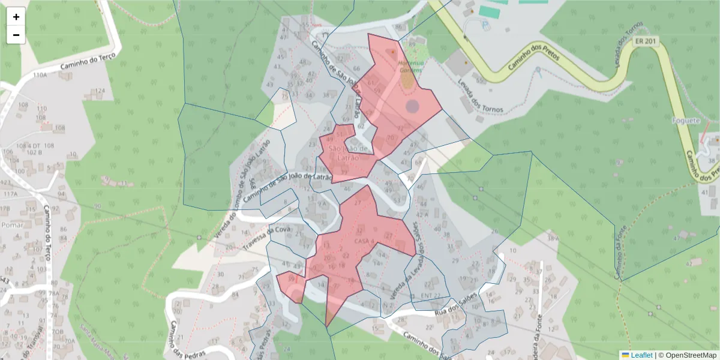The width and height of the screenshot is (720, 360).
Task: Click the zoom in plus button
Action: click(x=16, y=17)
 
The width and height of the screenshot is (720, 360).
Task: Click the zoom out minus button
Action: click(x=16, y=35)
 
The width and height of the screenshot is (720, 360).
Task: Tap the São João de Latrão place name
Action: click(x=343, y=153)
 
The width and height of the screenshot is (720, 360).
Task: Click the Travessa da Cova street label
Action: click(x=266, y=238)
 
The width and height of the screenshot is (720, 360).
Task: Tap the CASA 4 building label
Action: click(x=364, y=241)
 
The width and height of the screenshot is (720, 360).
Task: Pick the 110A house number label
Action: click(x=40, y=76)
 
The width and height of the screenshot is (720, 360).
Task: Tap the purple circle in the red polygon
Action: click(x=412, y=107)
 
